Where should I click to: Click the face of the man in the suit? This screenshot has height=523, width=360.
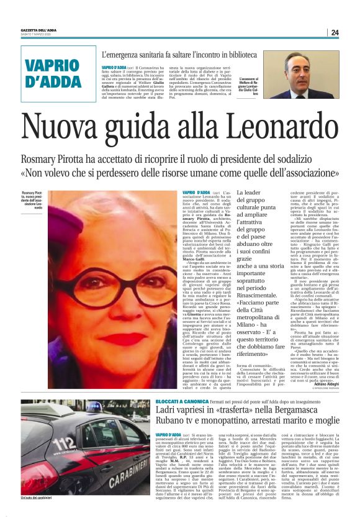[312, 69]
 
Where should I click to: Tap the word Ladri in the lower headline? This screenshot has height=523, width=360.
[168, 397]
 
